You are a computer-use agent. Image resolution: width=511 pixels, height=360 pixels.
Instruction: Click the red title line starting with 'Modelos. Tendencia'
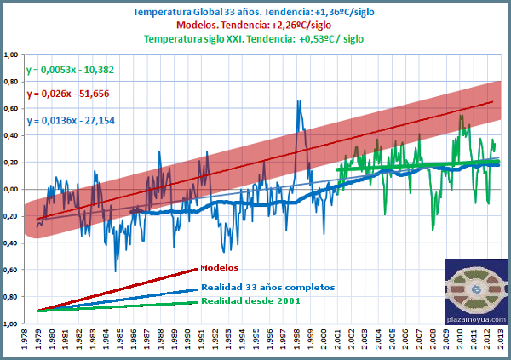(255, 25)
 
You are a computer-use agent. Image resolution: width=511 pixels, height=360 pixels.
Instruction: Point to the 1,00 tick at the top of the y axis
(12, 54)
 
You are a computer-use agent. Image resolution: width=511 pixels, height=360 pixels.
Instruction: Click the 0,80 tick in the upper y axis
(12, 82)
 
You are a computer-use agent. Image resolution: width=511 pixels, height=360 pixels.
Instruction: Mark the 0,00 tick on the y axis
(12, 189)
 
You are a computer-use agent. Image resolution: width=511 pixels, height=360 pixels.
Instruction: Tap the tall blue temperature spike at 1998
(298, 102)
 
